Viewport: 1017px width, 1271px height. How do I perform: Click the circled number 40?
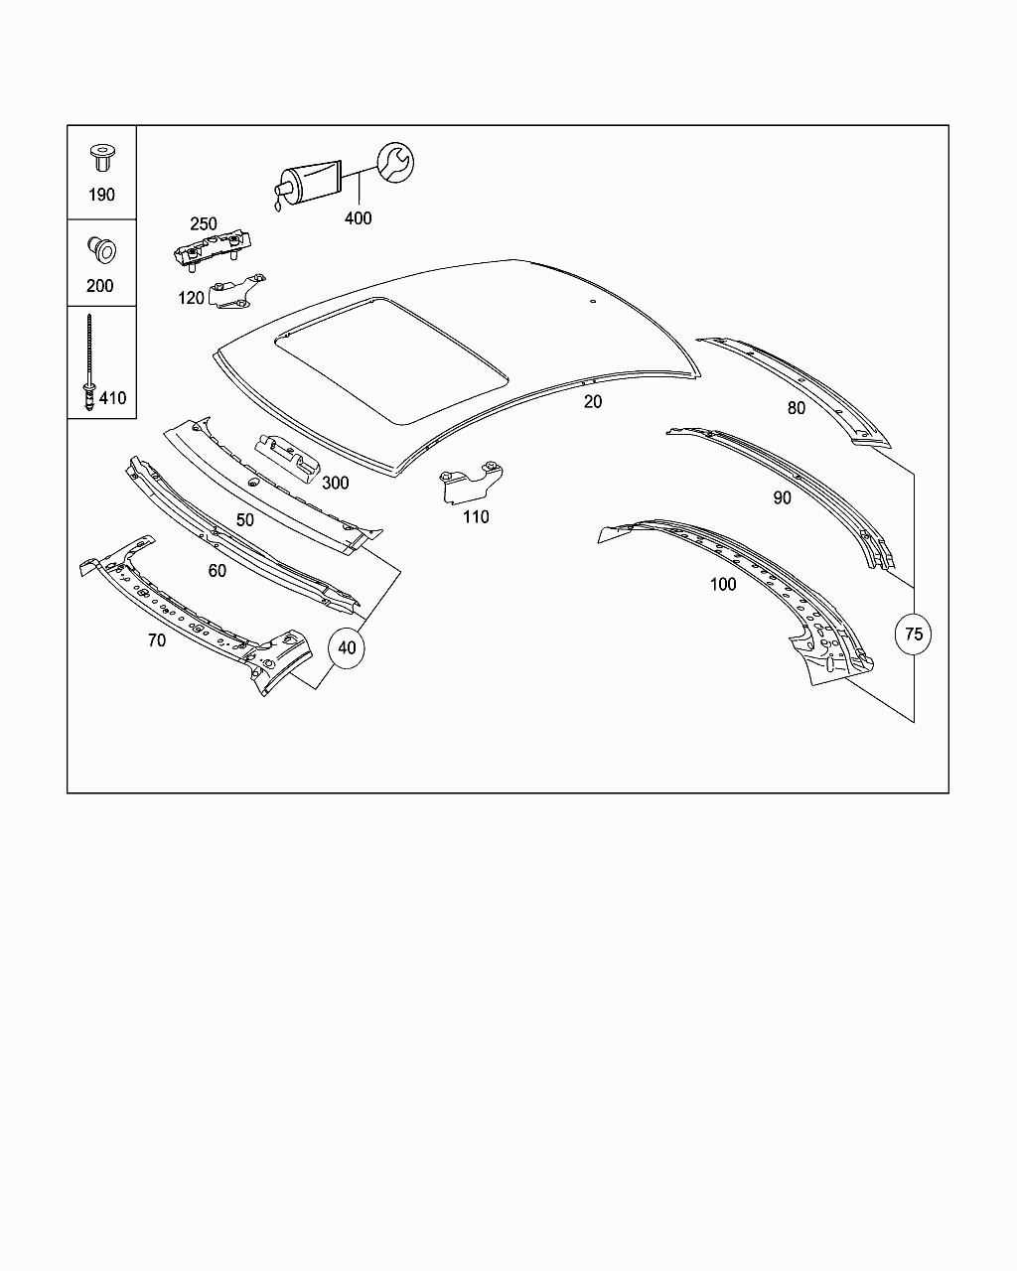(x=346, y=648)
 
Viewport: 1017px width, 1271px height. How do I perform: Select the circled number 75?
(x=914, y=634)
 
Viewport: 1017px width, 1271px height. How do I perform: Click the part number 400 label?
(x=358, y=218)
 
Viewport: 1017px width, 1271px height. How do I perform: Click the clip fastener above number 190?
(x=100, y=157)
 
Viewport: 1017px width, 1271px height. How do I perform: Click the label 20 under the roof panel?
(x=593, y=401)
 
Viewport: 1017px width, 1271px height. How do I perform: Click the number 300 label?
(x=335, y=484)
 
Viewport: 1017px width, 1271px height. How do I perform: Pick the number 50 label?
(x=244, y=519)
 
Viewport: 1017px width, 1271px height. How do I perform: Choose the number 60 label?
(x=217, y=571)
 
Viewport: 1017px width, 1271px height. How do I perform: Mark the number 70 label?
(x=157, y=640)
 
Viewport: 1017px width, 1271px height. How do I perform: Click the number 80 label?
(x=797, y=408)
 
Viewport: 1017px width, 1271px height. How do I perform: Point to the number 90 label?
(x=783, y=497)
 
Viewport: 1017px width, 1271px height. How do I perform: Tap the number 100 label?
(x=723, y=584)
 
